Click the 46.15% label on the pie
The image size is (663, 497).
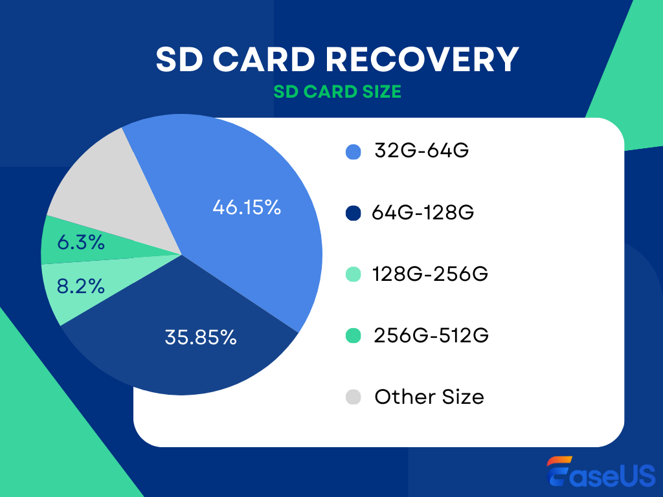pyautogui.click(x=247, y=208)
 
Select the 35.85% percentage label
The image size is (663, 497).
pyautogui.click(x=200, y=337)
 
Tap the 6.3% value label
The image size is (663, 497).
pyautogui.click(x=80, y=243)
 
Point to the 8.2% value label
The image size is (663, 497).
pyautogui.click(x=80, y=285)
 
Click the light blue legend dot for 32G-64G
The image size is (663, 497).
pyautogui.click(x=353, y=152)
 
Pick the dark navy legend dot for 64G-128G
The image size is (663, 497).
pyautogui.click(x=353, y=213)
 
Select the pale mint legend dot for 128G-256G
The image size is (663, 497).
pyautogui.click(x=353, y=274)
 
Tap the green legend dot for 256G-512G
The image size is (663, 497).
pyautogui.click(x=353, y=336)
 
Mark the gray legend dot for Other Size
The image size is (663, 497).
pyautogui.click(x=353, y=397)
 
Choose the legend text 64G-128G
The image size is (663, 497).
pyautogui.click(x=423, y=212)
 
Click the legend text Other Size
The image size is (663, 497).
pyautogui.click(x=429, y=397)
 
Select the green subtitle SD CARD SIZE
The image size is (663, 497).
pyautogui.click(x=337, y=92)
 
